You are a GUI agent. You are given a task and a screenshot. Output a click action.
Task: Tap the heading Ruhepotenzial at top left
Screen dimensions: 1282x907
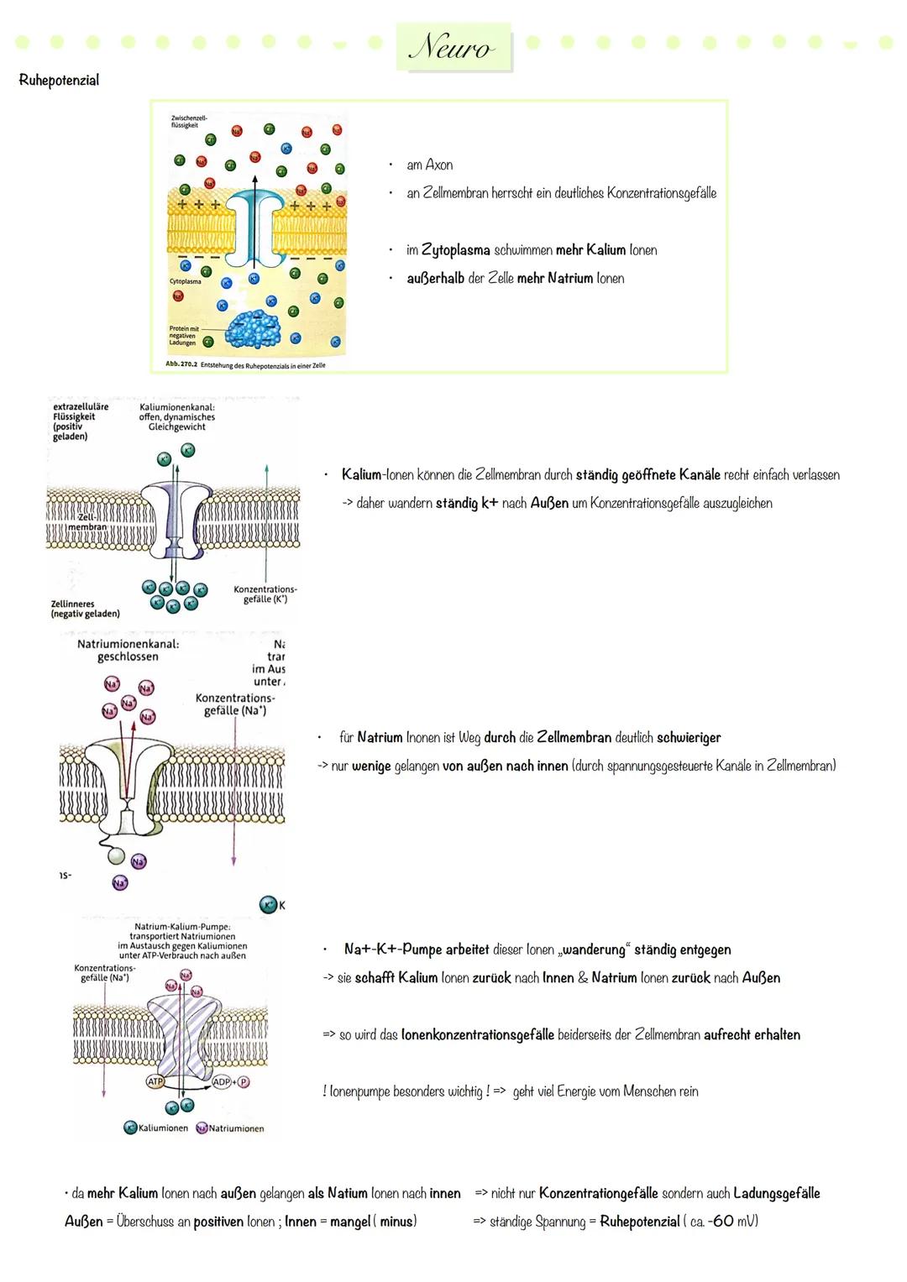click(59, 81)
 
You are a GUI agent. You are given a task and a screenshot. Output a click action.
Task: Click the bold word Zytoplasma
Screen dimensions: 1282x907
click(455, 250)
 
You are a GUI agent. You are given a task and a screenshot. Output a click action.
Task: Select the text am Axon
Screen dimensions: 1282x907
click(429, 165)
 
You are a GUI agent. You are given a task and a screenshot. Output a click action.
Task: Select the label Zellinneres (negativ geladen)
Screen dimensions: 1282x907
click(85, 609)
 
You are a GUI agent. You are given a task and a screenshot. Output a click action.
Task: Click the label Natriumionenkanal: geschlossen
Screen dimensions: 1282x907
click(128, 651)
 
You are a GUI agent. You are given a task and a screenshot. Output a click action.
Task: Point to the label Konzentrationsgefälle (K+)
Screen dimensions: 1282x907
click(265, 594)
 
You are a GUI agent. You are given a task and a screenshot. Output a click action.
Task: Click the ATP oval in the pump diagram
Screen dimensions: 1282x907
click(155, 1082)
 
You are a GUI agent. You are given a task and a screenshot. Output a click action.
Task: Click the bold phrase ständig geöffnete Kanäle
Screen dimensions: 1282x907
click(647, 475)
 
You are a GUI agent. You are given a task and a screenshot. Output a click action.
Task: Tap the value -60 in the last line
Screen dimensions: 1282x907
click(721, 1222)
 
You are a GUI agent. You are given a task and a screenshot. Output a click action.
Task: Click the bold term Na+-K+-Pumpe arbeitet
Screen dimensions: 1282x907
click(416, 950)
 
